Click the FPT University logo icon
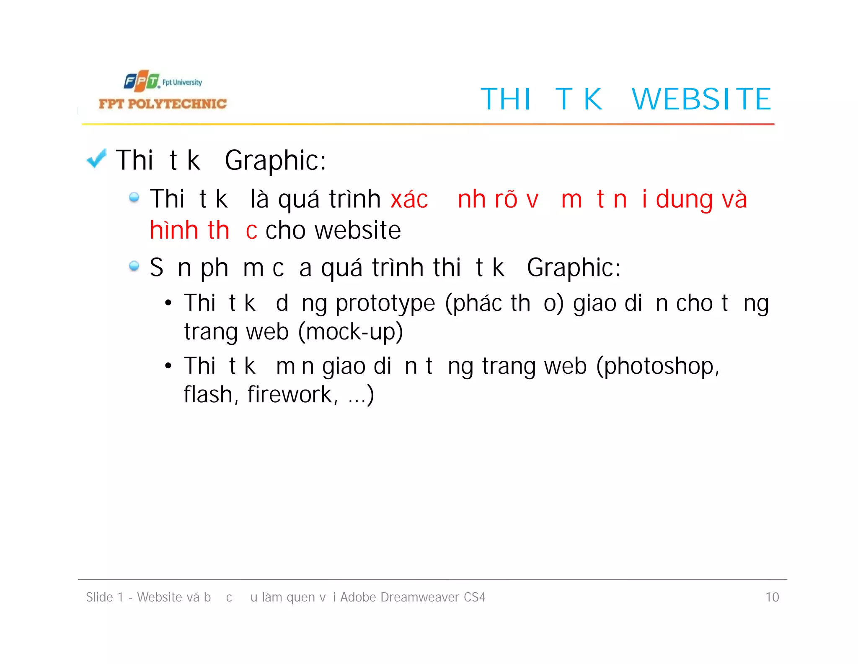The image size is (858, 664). tap(142, 81)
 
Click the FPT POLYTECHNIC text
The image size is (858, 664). tap(163, 104)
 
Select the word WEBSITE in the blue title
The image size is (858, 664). tap(701, 99)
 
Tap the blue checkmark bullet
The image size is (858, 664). tap(96, 159)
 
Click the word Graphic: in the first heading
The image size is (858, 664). tap(275, 161)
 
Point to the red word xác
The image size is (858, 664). tap(409, 199)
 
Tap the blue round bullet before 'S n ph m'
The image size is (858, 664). tap(134, 266)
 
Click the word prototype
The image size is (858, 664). tap(385, 304)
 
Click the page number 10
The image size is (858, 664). tap(772, 597)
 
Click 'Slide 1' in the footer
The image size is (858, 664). tap(104, 597)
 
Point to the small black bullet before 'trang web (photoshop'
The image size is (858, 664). tap(168, 366)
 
